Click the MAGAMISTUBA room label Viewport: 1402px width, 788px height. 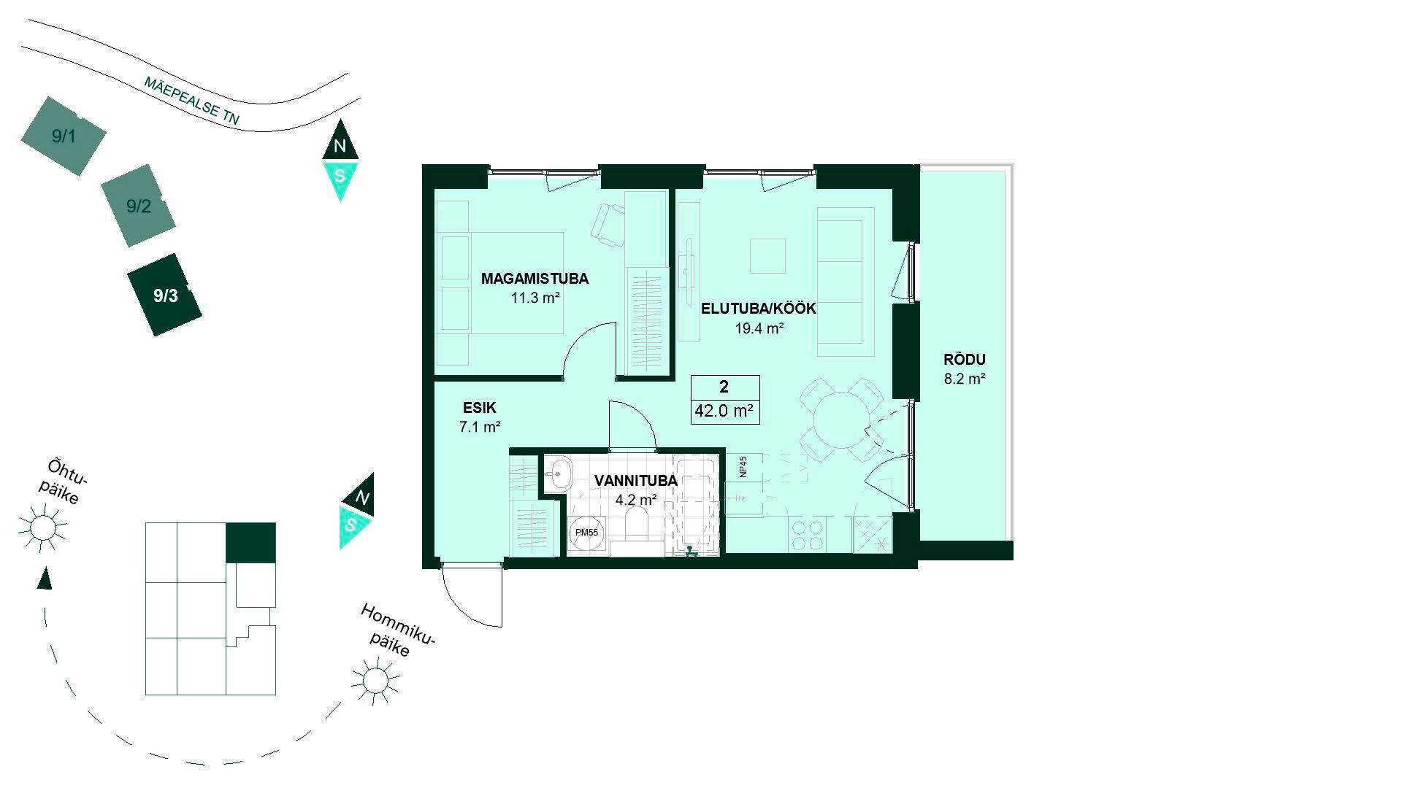pyautogui.click(x=535, y=278)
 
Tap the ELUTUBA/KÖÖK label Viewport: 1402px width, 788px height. pyautogui.click(x=759, y=309)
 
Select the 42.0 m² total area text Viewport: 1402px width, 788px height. pyautogui.click(x=724, y=411)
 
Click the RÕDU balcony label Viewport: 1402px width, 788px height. pyautogui.click(x=965, y=360)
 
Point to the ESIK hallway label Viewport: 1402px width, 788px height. pyautogui.click(x=479, y=408)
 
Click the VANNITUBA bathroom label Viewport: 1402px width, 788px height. pyautogui.click(x=635, y=481)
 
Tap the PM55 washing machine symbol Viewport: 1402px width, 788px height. pyautogui.click(x=587, y=533)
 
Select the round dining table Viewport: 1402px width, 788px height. pyautogui.click(x=840, y=420)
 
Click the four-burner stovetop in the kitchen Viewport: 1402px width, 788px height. pyautogui.click(x=807, y=534)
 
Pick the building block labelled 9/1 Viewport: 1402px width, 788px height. pyautogui.click(x=64, y=136)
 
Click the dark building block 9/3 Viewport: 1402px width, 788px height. pyautogui.click(x=165, y=295)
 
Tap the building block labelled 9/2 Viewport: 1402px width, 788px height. pyautogui.click(x=139, y=206)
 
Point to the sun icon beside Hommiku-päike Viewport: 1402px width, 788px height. pyautogui.click(x=375, y=680)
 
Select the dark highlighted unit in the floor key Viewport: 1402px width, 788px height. pyautogui.click(x=250, y=543)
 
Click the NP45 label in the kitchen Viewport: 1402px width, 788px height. pyautogui.click(x=743, y=466)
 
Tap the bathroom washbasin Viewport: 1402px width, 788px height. pyautogui.click(x=559, y=474)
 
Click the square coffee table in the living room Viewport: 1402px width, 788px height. pyautogui.click(x=768, y=256)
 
